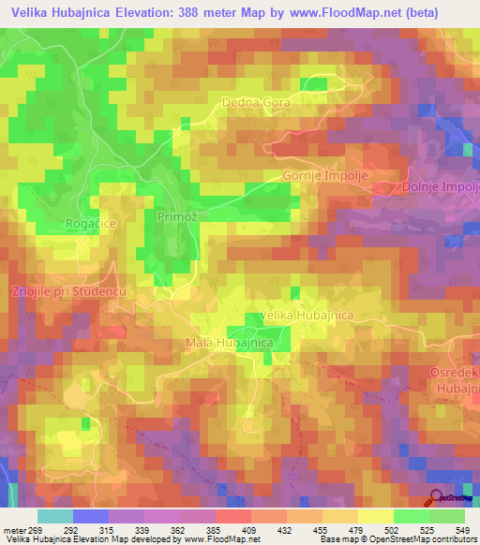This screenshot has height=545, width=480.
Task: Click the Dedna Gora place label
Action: [256, 102]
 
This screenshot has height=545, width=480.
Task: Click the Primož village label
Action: [174, 216]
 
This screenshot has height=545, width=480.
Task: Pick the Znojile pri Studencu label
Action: [67, 293]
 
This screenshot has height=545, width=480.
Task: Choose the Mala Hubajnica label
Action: [229, 344]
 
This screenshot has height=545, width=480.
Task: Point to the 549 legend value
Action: [462, 529]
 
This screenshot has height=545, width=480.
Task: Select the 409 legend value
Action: [250, 529]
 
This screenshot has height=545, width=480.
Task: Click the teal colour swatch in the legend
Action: [55, 516]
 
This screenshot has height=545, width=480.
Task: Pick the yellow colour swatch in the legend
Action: [376, 516]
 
